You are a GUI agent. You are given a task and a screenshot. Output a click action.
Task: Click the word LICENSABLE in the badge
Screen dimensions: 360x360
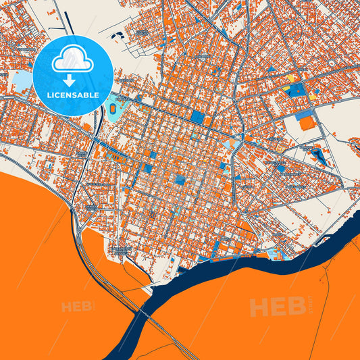73,95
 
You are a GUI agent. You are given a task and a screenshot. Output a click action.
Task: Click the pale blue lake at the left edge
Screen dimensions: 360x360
22,82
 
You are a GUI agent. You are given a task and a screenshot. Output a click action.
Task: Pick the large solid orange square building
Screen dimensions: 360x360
307,123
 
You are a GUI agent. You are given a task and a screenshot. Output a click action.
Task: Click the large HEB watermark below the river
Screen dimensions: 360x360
277,307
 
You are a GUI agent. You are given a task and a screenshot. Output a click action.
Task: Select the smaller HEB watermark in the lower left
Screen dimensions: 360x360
78,307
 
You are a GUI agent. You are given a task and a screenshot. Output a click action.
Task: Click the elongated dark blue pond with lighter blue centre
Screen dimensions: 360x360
318,156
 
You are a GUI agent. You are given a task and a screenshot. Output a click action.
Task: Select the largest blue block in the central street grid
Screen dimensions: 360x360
197,117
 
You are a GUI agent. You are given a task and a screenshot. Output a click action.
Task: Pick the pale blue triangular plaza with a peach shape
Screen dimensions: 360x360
275,254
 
